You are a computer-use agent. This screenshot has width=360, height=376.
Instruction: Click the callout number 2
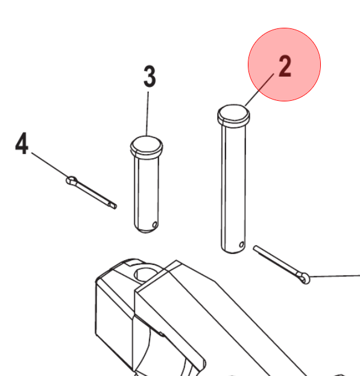tap(285, 66)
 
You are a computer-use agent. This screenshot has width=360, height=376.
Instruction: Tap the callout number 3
tap(150, 76)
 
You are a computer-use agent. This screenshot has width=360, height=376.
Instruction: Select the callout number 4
tap(22, 144)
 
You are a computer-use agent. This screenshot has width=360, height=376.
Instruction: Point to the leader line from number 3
tap(147, 113)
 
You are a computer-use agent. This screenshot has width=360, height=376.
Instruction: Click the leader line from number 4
tap(50, 165)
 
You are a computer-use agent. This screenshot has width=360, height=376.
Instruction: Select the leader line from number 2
tap(259, 90)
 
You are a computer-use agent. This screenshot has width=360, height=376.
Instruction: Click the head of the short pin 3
tap(147, 146)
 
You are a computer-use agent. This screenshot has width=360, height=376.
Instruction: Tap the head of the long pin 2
tap(233, 115)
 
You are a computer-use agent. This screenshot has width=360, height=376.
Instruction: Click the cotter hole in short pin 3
tap(155, 225)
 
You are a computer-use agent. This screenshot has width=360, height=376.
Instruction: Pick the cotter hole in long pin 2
tap(242, 244)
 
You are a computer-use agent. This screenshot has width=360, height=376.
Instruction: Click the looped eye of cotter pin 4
tap(71, 180)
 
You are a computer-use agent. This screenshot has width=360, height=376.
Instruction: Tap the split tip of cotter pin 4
tap(113, 205)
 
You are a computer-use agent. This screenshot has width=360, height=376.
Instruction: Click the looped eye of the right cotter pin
tap(305, 278)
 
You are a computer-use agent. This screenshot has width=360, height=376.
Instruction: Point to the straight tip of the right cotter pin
tap(255, 247)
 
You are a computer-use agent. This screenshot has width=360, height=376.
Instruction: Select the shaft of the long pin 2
tap(233, 187)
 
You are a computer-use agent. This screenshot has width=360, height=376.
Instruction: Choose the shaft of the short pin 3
tap(147, 192)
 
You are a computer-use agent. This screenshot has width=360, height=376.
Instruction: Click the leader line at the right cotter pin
tap(335, 276)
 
